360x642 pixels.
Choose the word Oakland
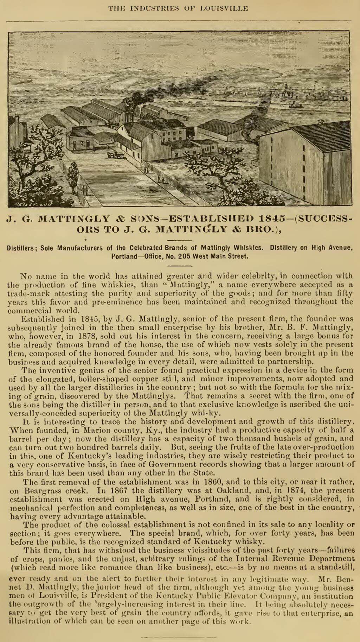211,490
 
